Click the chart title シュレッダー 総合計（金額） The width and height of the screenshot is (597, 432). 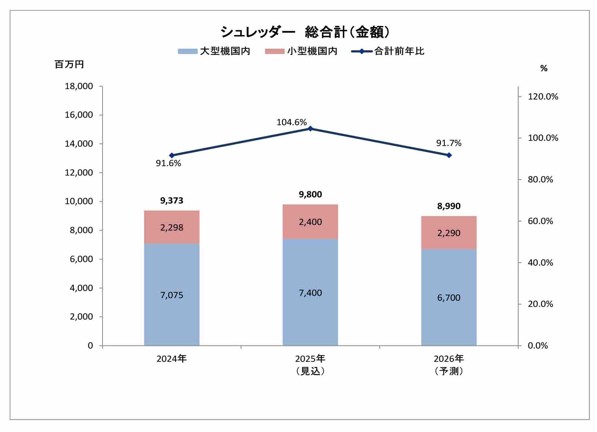[x=305, y=32]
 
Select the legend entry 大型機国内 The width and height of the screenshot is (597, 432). [x=214, y=51]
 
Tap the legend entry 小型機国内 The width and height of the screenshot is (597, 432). [x=301, y=51]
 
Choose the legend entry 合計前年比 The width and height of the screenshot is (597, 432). [x=388, y=51]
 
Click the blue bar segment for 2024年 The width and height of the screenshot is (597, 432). [x=171, y=294]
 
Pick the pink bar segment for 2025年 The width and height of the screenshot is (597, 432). [x=310, y=222]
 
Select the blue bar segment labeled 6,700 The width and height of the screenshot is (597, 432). [x=449, y=297]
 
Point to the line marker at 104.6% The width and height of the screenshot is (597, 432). [x=310, y=129]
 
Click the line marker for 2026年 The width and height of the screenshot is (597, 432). [x=449, y=155]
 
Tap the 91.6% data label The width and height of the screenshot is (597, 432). [x=168, y=163]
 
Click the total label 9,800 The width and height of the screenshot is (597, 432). [x=310, y=194]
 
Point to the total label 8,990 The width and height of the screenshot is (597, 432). [x=449, y=206]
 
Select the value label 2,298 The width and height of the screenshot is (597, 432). [x=171, y=228]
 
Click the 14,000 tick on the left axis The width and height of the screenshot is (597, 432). [x=79, y=144]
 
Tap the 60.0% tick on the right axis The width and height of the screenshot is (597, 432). [x=540, y=221]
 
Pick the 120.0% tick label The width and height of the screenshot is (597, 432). [x=543, y=97]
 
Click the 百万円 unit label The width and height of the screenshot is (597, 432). [x=69, y=64]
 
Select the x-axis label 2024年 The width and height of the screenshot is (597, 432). [x=171, y=359]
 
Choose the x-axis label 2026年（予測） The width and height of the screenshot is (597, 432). [x=449, y=365]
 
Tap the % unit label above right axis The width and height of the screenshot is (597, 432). [x=544, y=68]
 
